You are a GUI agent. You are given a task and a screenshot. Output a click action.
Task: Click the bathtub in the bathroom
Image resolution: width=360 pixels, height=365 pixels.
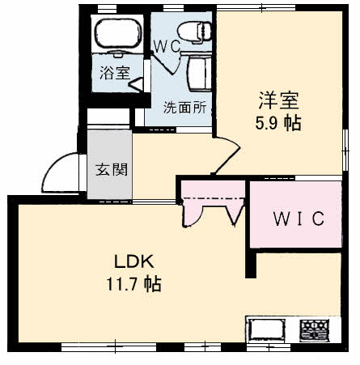(118, 33)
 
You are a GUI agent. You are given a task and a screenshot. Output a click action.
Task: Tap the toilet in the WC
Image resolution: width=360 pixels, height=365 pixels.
(194, 32)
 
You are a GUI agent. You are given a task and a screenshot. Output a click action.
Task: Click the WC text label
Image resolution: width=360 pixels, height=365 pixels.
(167, 47)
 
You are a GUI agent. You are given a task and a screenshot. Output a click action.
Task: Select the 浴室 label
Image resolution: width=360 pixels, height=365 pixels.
(115, 73)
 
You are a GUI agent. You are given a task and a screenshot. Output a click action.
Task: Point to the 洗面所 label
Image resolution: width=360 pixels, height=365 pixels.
(185, 108)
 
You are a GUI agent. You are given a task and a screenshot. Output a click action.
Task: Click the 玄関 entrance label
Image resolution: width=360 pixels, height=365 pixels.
(112, 169)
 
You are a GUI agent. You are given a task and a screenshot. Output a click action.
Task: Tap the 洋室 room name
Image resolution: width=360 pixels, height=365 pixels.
(279, 100)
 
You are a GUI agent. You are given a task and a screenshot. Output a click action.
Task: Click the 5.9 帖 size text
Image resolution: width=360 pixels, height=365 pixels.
(278, 124)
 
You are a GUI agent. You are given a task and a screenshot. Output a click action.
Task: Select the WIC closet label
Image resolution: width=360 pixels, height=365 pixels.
(299, 219)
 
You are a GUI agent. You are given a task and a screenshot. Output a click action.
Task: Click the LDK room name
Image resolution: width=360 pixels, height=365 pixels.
(134, 261)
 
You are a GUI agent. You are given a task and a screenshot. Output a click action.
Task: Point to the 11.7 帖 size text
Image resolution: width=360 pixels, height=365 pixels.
(134, 283)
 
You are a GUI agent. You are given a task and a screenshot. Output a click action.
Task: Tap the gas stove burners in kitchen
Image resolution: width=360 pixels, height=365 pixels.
(315, 329)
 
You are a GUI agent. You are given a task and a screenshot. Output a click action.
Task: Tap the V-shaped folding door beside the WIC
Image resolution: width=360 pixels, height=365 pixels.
(234, 216)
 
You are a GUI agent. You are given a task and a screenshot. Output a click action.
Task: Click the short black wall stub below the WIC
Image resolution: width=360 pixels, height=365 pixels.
(251, 264)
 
